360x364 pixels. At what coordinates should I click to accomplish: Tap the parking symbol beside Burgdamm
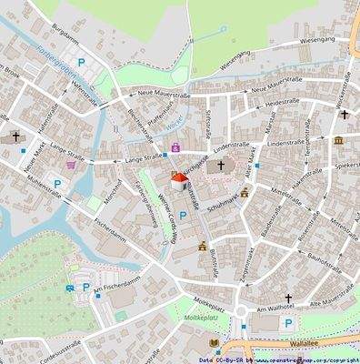83,64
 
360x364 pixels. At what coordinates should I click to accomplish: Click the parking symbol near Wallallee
288,323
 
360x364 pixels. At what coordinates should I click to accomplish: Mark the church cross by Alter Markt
220,166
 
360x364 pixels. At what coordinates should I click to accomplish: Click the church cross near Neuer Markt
15,137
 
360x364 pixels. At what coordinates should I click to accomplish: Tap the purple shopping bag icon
175,146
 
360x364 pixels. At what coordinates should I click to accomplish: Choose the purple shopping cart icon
71,166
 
